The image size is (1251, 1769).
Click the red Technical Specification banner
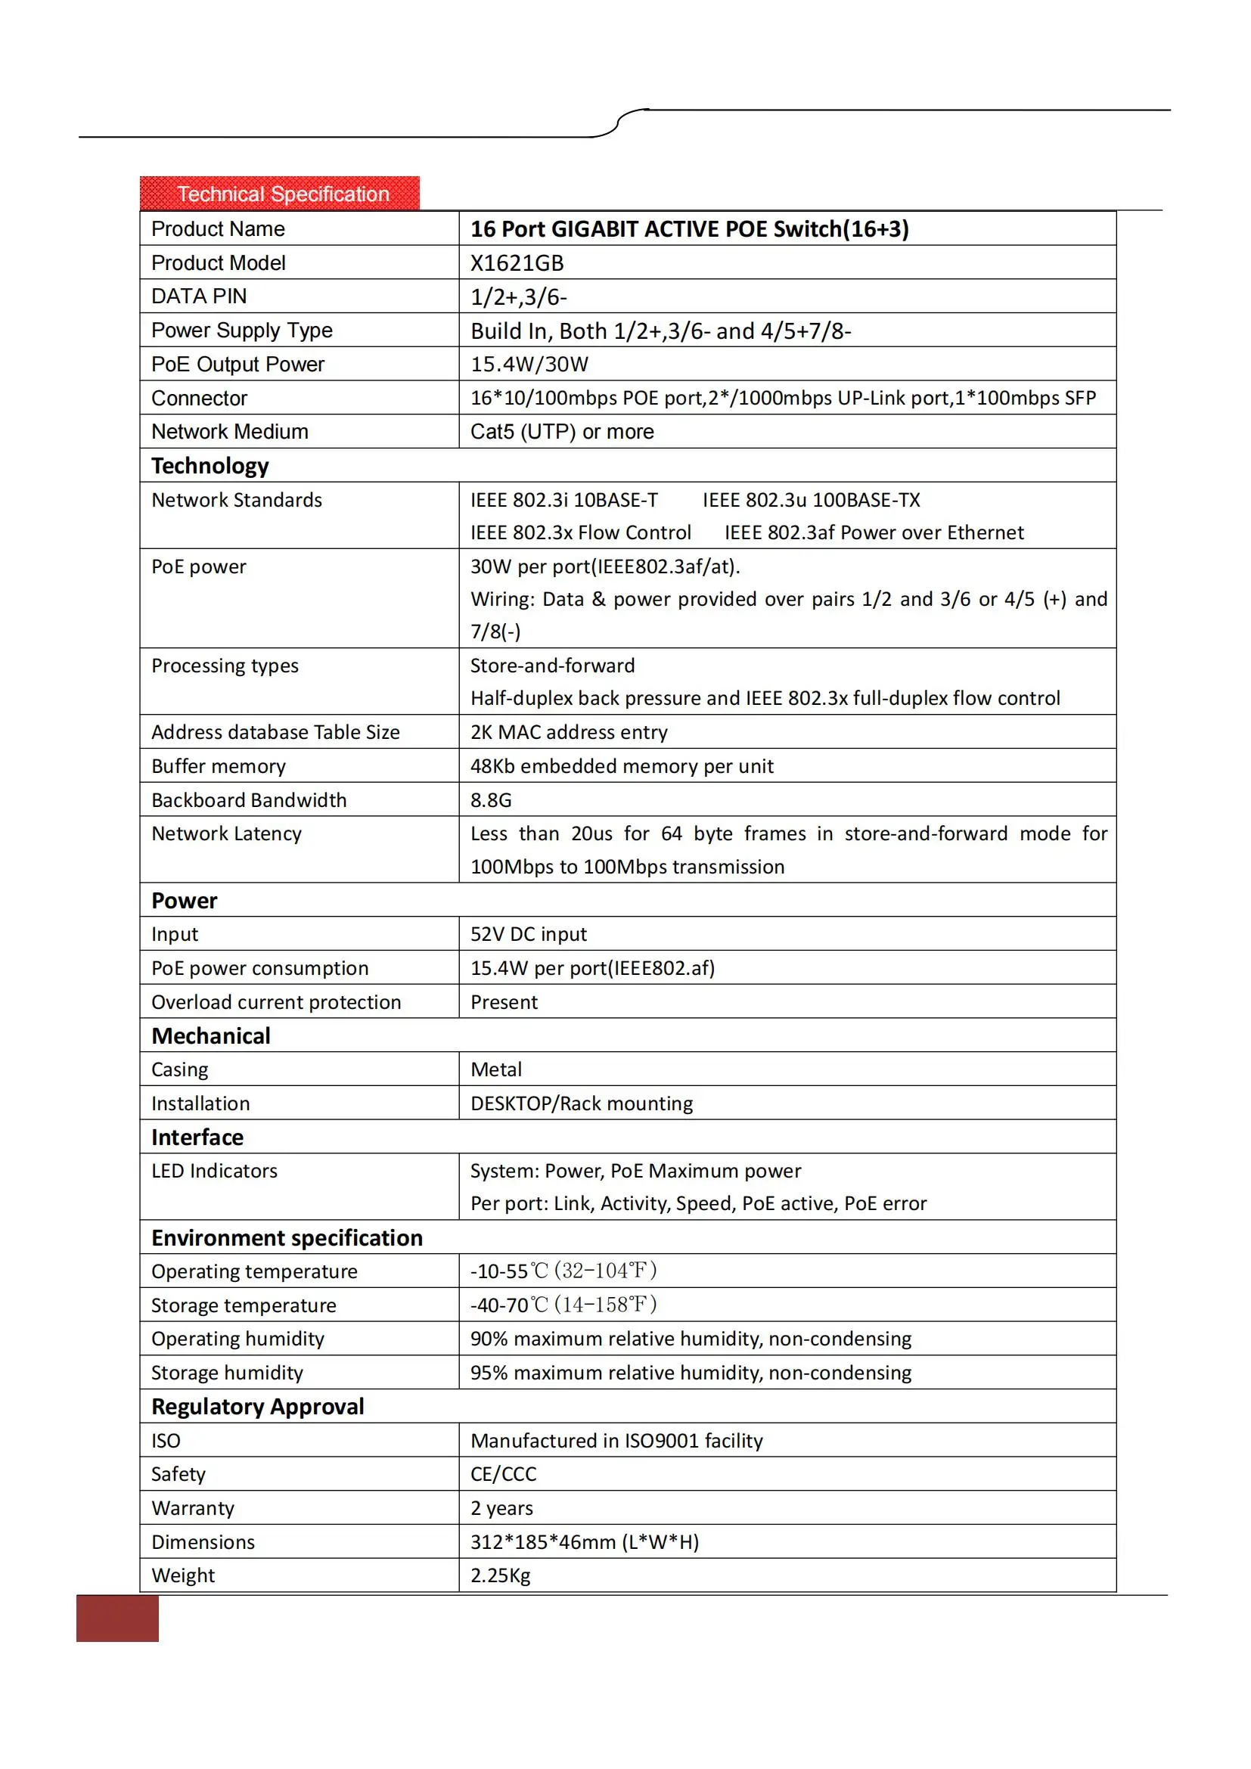[280, 194]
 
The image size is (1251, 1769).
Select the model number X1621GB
[517, 263]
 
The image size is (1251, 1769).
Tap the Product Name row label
[218, 229]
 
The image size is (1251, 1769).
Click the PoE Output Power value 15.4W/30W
[529, 365]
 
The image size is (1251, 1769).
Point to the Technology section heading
[210, 466]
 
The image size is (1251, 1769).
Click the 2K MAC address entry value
[569, 733]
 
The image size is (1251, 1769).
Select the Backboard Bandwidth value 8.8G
[491, 800]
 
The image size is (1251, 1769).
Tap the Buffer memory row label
[218, 767]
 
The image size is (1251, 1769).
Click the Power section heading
[184, 901]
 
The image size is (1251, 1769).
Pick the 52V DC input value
[529, 935]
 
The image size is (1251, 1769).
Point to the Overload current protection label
[276, 1002]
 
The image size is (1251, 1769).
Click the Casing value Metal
[496, 1070]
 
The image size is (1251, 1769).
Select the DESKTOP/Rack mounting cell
[582, 1104]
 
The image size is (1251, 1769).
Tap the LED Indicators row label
[214, 1171]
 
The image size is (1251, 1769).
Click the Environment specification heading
[287, 1238]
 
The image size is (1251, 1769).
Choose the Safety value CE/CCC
[503, 1475]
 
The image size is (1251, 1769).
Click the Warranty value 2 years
[501, 1509]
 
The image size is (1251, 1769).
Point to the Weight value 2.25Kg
[500, 1575]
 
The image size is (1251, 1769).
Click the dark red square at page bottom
[117, 1618]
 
